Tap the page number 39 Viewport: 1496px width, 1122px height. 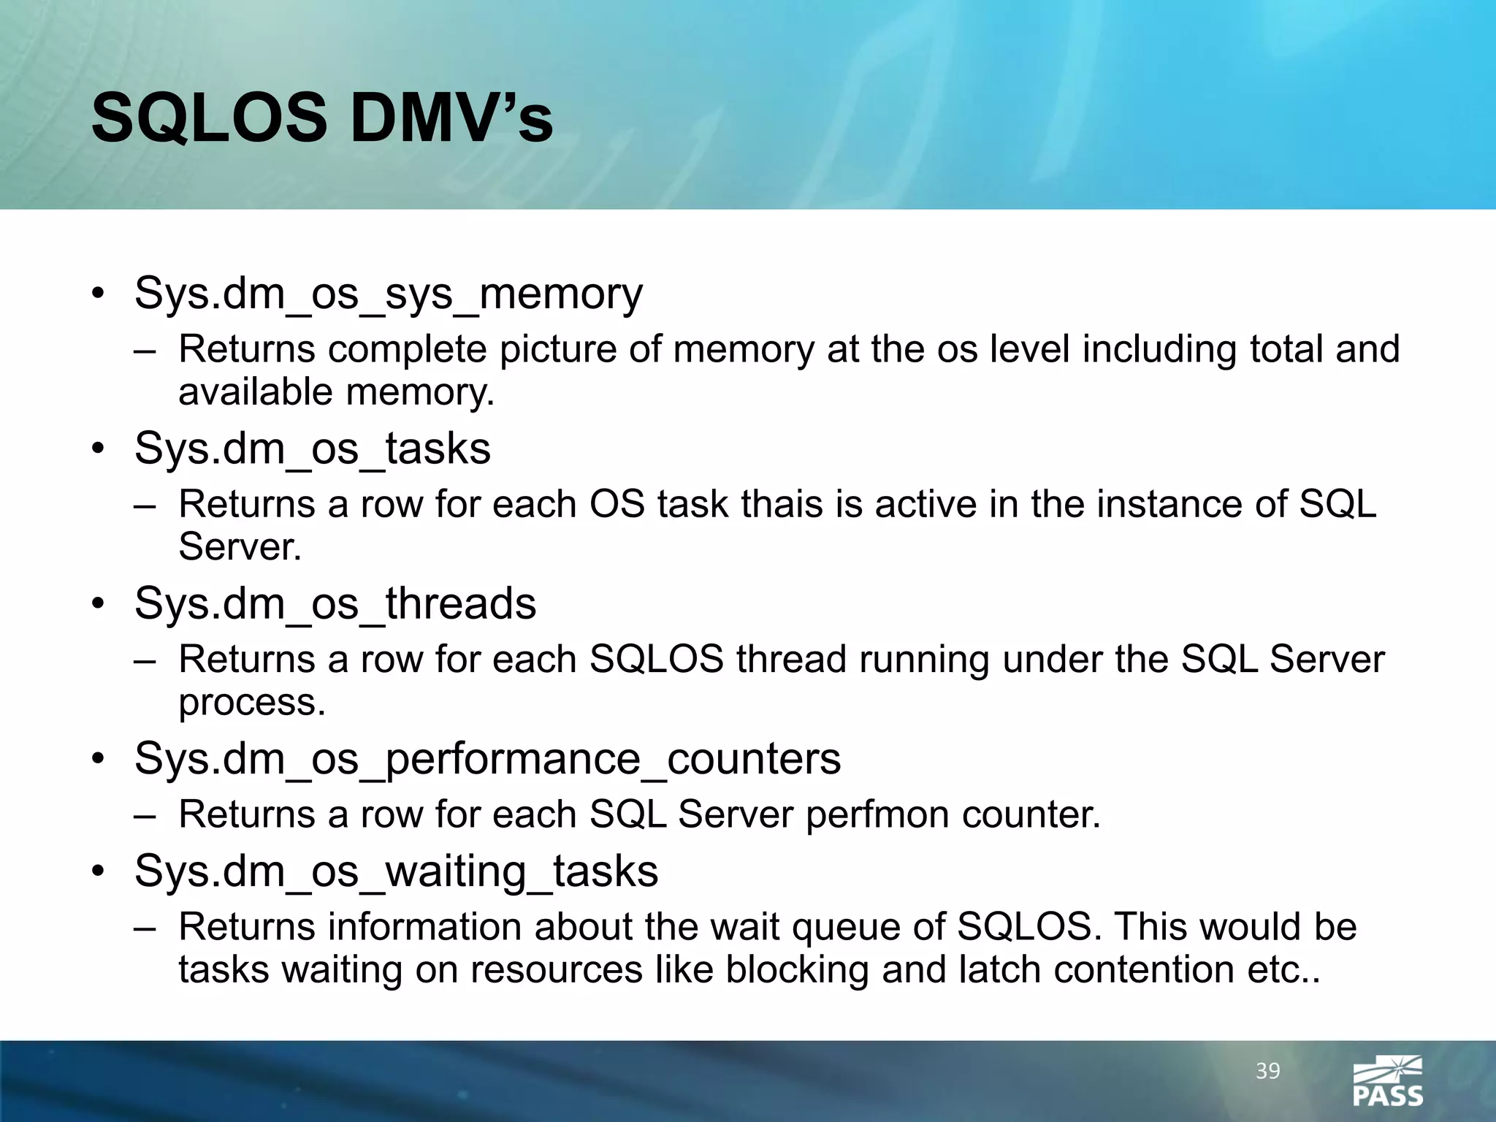tap(1268, 1072)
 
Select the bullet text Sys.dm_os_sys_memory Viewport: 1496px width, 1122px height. tap(388, 294)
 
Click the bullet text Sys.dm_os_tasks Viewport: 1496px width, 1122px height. tap(312, 449)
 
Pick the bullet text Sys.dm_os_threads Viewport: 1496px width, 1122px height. tap(335, 603)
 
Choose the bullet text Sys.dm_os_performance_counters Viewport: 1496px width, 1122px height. tap(487, 758)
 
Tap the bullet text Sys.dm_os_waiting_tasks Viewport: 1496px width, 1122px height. tap(396, 871)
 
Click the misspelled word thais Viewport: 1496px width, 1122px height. tap(782, 504)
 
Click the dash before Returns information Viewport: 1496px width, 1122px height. tap(145, 928)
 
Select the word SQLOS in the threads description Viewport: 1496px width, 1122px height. tap(656, 660)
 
